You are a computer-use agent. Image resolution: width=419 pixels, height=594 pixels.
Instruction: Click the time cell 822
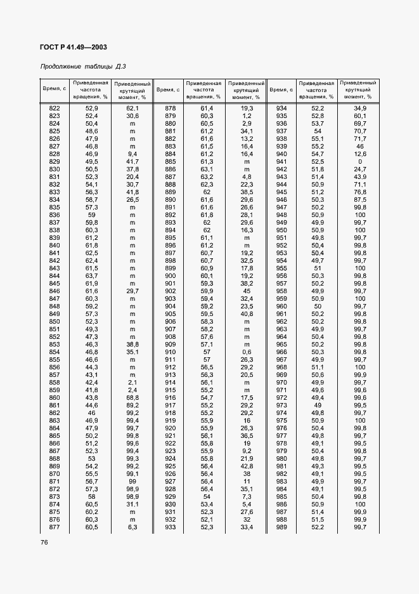click(55, 109)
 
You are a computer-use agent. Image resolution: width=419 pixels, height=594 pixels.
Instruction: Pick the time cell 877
click(55, 527)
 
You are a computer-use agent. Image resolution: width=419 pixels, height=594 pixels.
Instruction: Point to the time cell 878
click(170, 109)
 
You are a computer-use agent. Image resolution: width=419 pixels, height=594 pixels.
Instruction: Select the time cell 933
click(170, 527)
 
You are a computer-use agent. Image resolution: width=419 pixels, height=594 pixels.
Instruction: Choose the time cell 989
click(282, 527)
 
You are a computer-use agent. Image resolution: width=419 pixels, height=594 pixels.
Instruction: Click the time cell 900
click(170, 275)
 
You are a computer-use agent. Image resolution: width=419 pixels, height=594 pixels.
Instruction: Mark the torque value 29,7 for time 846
click(132, 291)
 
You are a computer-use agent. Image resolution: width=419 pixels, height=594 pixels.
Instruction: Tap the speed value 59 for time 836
click(91, 214)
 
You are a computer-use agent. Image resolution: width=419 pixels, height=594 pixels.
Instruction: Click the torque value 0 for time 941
click(360, 161)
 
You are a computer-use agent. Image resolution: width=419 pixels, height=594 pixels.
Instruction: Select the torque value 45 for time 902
click(247, 291)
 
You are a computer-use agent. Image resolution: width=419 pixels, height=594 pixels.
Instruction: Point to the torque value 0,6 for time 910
click(247, 352)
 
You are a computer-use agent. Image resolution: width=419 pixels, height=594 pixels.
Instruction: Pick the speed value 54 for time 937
click(318, 131)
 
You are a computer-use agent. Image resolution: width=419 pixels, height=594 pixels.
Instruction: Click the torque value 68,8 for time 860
click(132, 397)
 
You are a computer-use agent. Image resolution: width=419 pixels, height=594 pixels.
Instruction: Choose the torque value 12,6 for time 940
click(360, 154)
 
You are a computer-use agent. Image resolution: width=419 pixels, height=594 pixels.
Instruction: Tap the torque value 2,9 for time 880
click(247, 124)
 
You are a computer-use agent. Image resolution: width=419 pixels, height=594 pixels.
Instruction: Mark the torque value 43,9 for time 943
click(360, 176)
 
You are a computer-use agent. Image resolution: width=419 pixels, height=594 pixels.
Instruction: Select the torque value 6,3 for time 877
click(132, 527)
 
